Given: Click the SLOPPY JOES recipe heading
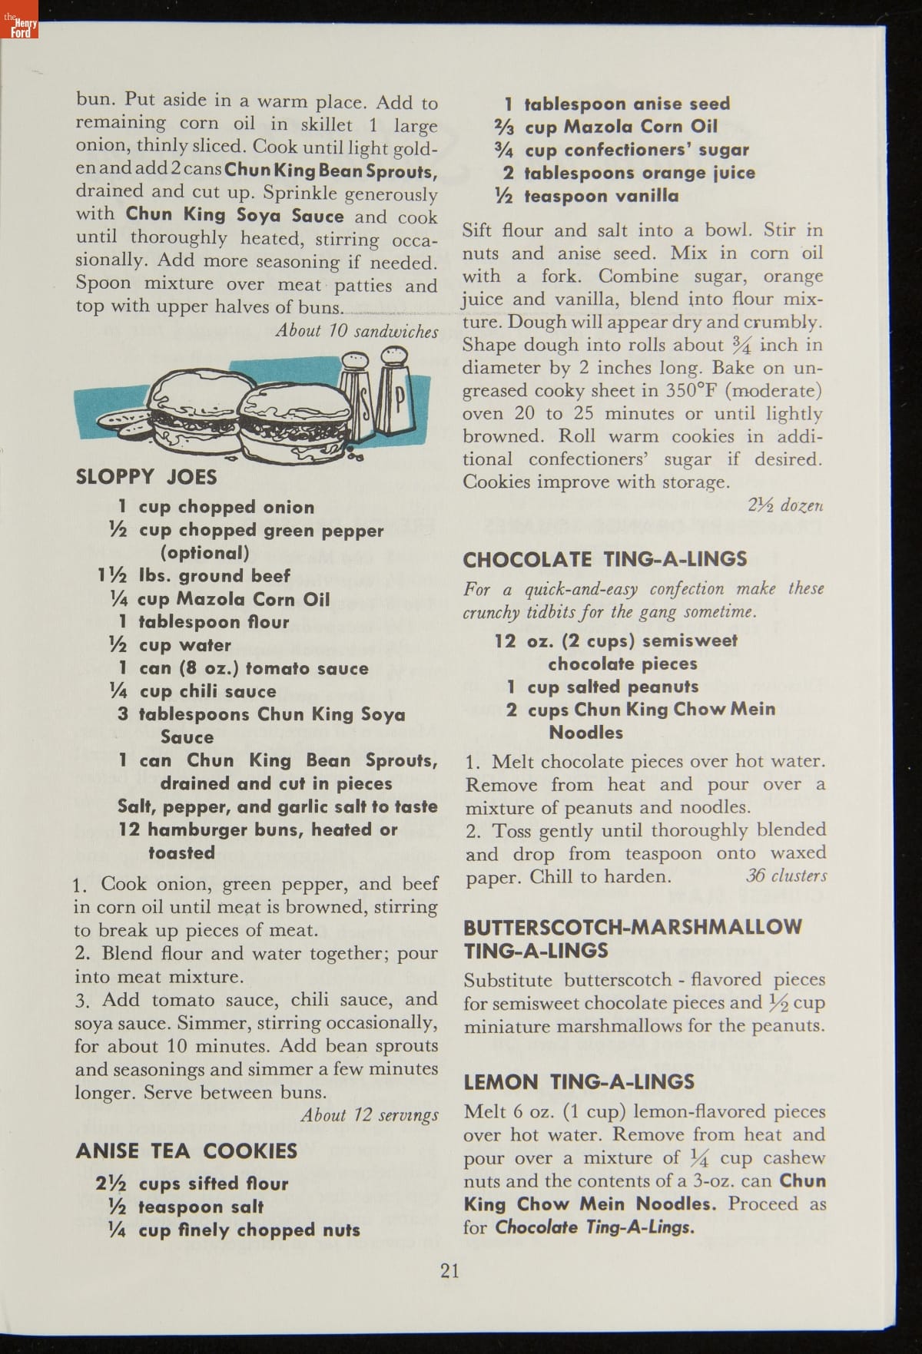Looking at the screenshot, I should tap(146, 477).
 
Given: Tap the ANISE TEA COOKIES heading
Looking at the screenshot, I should tap(187, 1150).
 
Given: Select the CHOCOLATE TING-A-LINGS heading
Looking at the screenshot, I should tap(605, 559).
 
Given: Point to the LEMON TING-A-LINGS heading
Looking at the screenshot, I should tap(579, 1082).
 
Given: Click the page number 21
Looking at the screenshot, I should tap(450, 1270).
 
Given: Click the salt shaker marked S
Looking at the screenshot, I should tap(358, 392).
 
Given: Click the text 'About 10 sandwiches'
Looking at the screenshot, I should tap(357, 331).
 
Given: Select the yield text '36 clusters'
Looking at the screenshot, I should tap(786, 876).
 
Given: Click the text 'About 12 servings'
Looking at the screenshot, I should tap(370, 1115).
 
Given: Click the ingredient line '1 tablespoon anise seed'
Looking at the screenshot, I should tap(617, 104).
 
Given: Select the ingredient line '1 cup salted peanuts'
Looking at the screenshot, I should tap(602, 687).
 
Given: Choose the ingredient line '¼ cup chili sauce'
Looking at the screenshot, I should tap(194, 691).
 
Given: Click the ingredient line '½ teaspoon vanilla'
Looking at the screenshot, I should tap(587, 196).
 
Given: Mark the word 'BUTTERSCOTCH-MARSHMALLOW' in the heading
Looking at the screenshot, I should tap(632, 927).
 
